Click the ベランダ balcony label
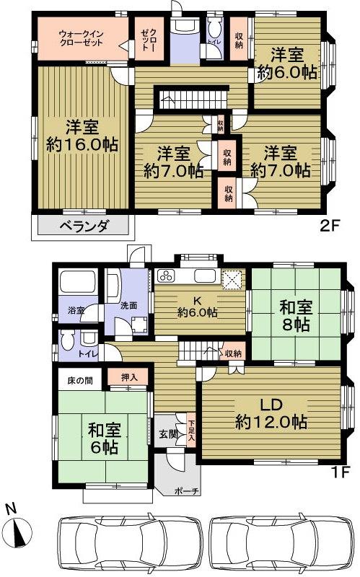point(82,226)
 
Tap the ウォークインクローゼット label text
point(81,38)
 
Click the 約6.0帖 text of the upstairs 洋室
point(289,71)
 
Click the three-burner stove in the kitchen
point(165,276)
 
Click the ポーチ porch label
point(186,490)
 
